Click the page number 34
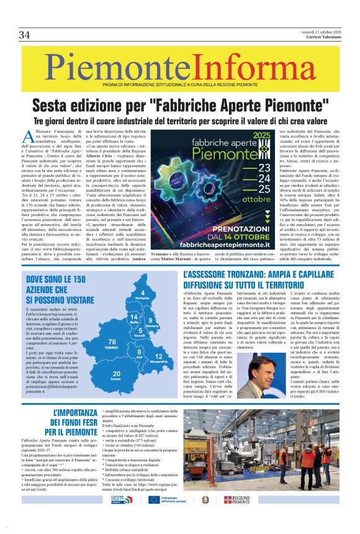25,35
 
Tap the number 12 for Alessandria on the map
158,356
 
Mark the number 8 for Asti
139,351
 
